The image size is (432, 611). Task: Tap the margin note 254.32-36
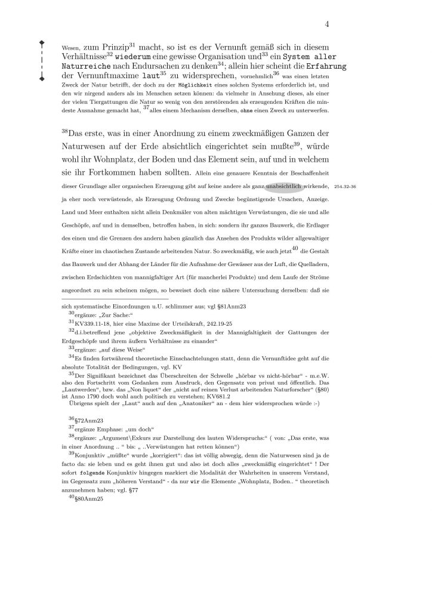(345, 187)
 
